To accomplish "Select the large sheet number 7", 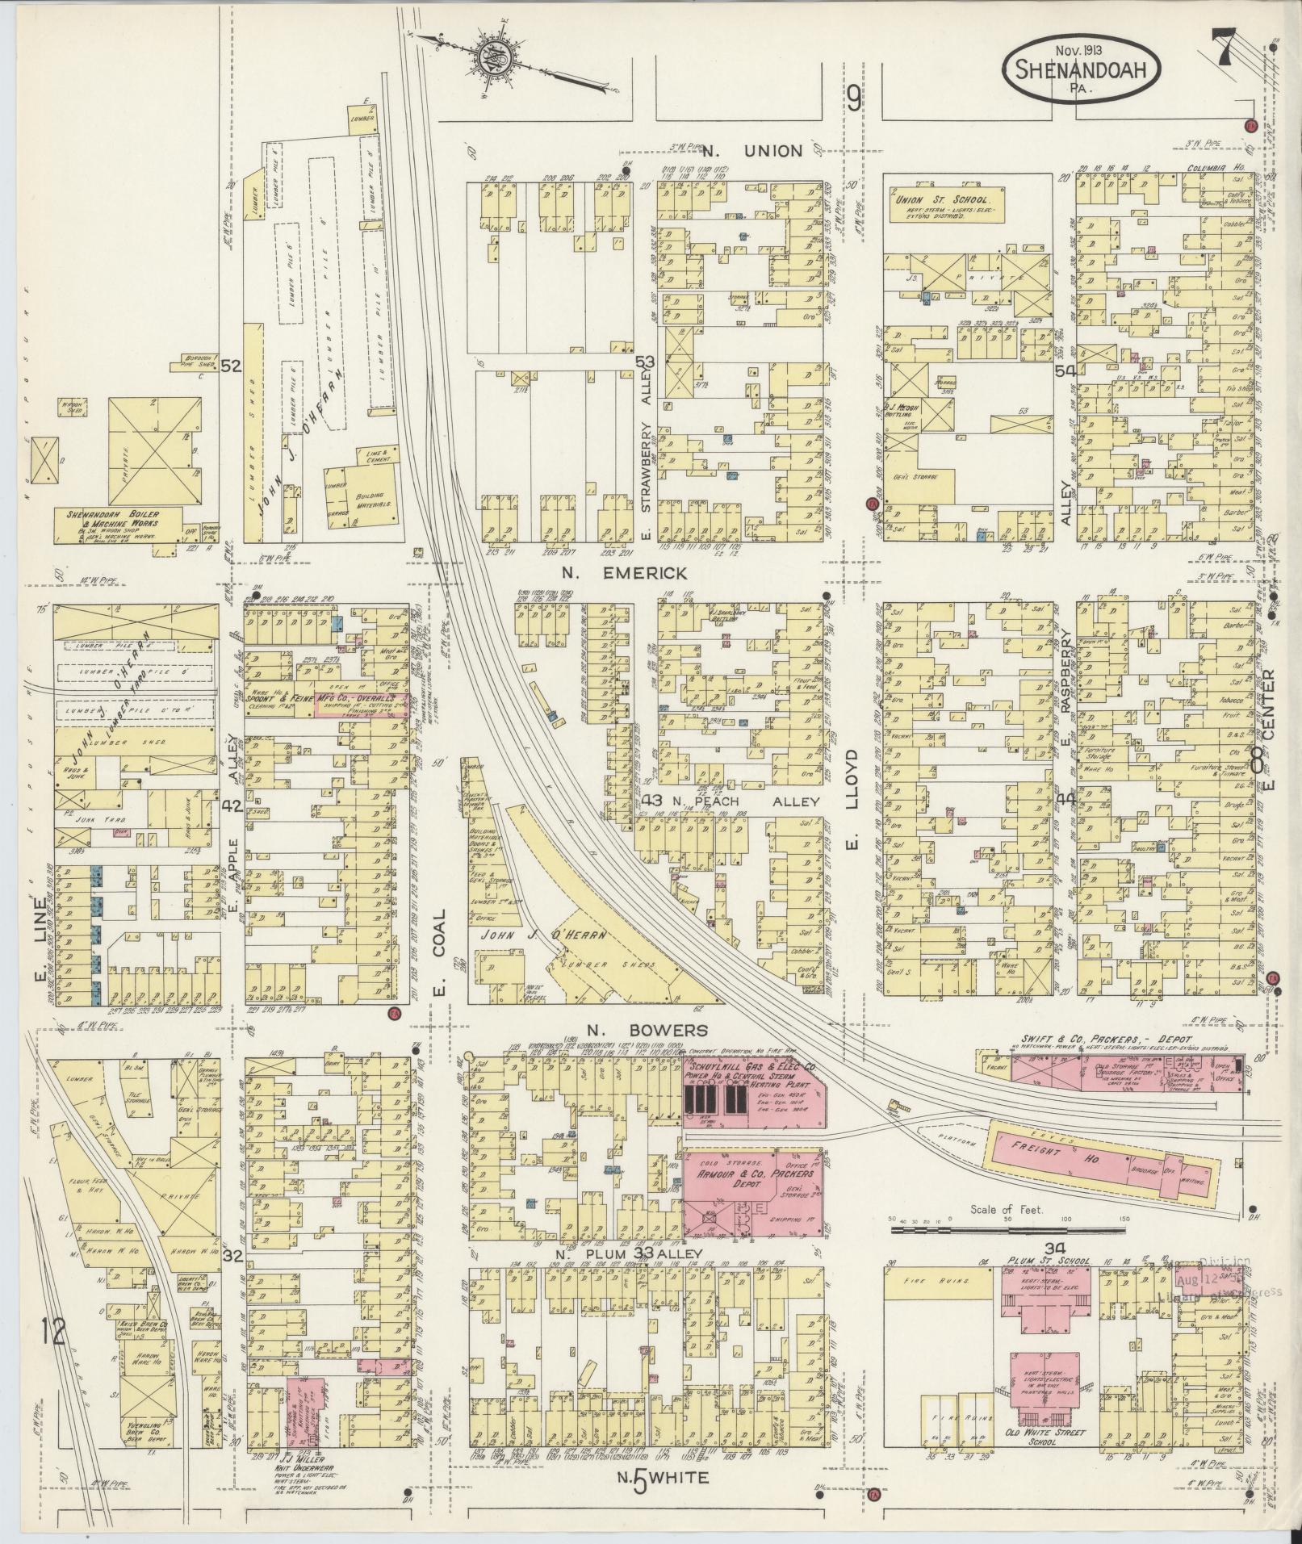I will pyautogui.click(x=1225, y=50).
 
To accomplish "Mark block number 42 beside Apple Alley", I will pyautogui.click(x=232, y=805).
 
